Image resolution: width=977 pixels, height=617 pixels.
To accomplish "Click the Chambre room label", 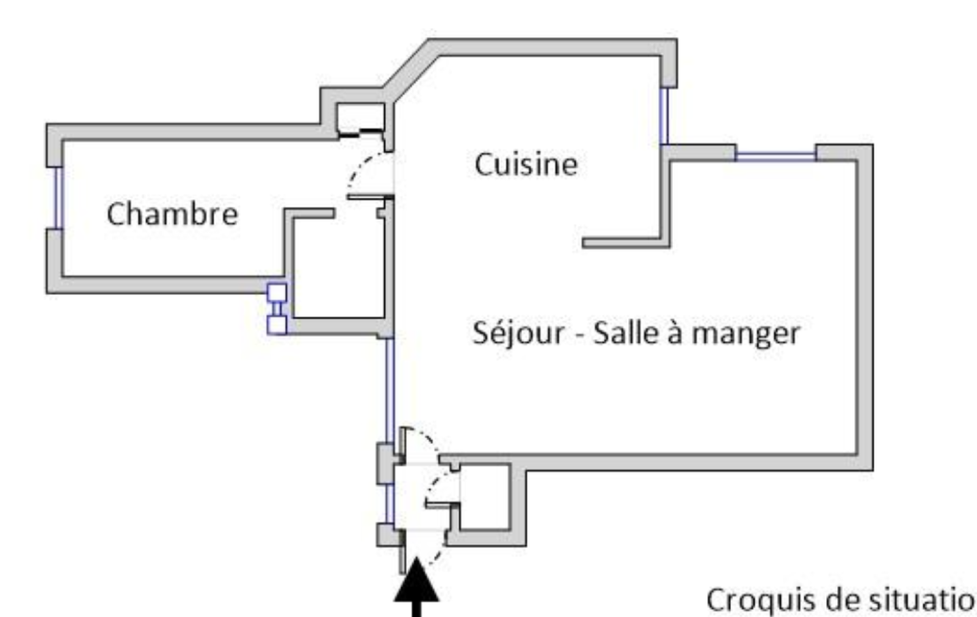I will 172,214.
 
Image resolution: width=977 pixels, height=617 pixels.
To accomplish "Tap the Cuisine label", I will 526,164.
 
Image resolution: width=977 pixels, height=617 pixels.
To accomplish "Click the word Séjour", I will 518,333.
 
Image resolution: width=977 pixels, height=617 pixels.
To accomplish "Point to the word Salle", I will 627,333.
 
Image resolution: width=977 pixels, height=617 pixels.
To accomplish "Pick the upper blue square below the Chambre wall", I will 277,293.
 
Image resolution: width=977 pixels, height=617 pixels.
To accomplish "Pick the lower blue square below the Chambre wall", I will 277,324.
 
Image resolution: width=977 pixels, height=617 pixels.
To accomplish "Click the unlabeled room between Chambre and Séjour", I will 338,269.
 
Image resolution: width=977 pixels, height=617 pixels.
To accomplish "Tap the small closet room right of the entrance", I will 484,496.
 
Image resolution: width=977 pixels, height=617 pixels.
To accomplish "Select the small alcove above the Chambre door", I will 360,116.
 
